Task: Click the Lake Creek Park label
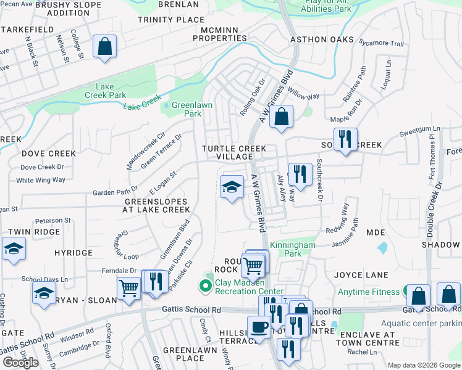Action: (x=107, y=91)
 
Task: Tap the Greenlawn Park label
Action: (x=191, y=109)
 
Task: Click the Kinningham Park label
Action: (x=293, y=249)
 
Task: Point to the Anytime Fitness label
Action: (x=369, y=291)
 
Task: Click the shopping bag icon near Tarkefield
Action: (x=104, y=46)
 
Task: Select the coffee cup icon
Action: (x=259, y=327)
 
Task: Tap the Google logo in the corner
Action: (x=20, y=363)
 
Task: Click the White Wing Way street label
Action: (x=41, y=180)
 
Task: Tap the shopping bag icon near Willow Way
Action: (x=281, y=117)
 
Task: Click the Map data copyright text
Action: (x=424, y=365)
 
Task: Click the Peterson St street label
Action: (x=53, y=220)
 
